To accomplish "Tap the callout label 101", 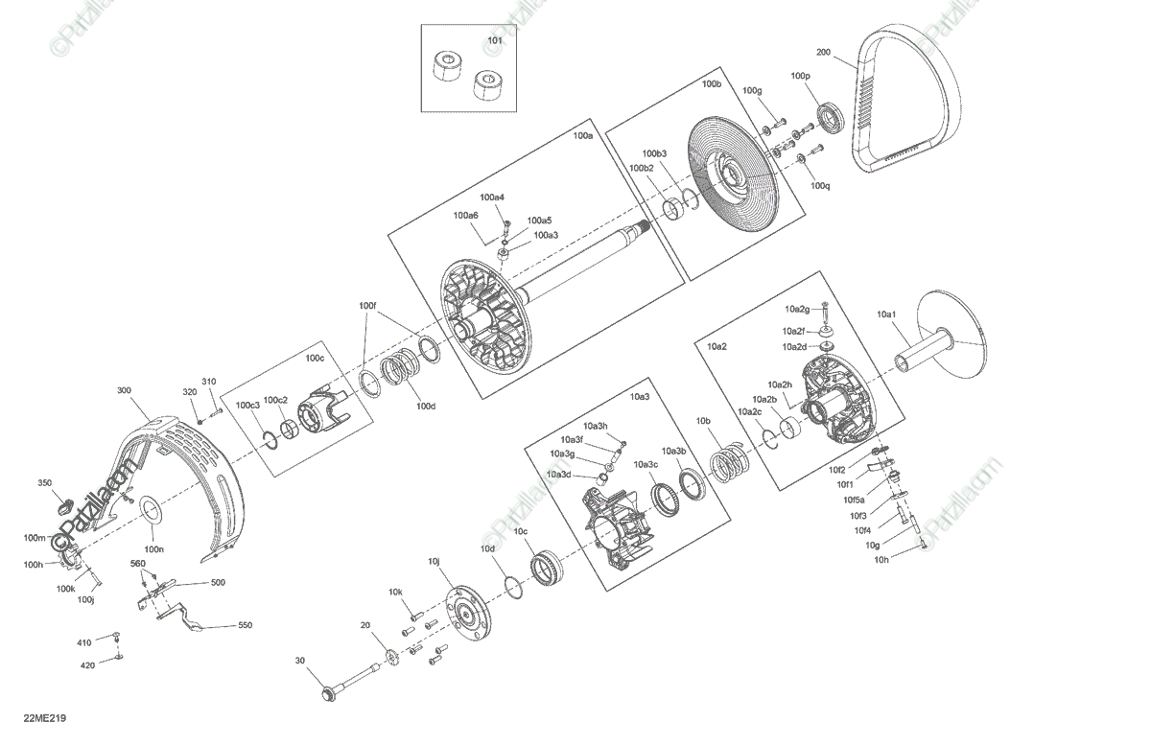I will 494,41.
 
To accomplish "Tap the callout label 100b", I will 711,84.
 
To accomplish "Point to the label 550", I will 245,625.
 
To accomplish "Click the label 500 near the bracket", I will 218,582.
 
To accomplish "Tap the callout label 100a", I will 582,136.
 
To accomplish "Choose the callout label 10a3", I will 639,396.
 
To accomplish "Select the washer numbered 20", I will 391,656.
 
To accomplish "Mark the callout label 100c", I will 315,359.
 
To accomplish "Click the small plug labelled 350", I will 67,502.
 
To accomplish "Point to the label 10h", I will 881,560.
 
